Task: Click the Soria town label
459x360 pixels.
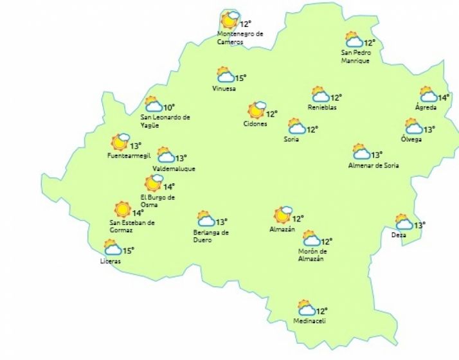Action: (291, 139)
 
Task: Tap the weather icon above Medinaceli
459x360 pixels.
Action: (305, 308)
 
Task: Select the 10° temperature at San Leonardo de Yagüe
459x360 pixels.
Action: (169, 107)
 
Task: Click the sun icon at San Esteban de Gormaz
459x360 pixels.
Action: (122, 209)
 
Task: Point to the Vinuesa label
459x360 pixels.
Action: (224, 89)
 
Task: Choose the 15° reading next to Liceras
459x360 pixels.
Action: (129, 250)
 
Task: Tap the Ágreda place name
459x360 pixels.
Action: (426, 107)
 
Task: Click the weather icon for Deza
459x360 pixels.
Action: (404, 222)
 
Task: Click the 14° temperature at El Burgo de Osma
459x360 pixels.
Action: (168, 186)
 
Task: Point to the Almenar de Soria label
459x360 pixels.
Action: (373, 165)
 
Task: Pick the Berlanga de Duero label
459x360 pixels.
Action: (212, 235)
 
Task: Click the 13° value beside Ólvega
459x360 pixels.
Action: (429, 129)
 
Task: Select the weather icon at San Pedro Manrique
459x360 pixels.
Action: (354, 40)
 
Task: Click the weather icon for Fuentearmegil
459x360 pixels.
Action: (120, 142)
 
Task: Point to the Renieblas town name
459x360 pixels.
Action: (322, 107)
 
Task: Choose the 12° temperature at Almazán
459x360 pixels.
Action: (298, 219)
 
